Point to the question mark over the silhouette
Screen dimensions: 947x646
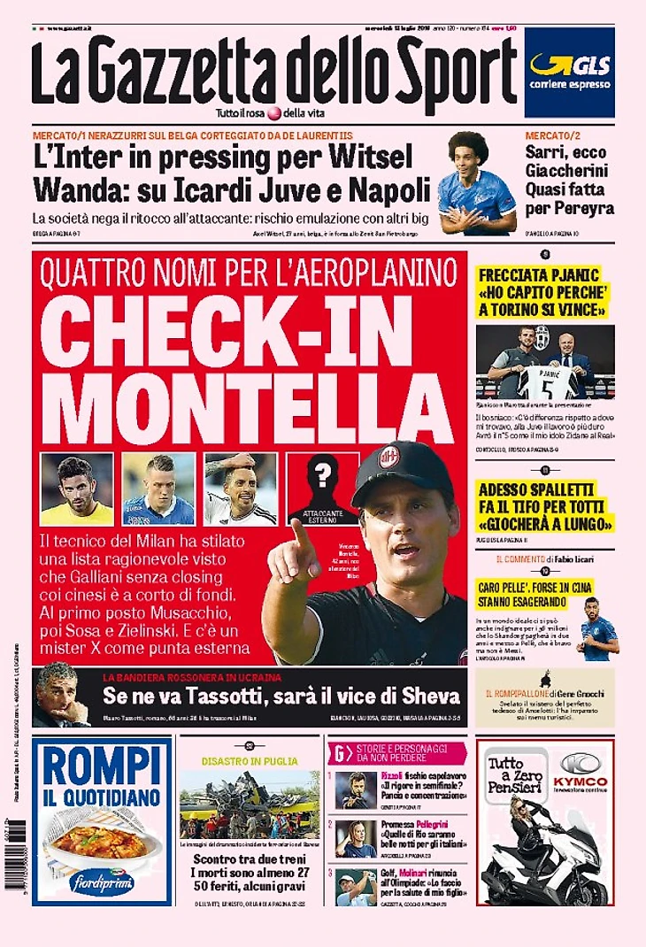click(x=323, y=476)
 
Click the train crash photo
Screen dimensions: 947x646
click(x=250, y=805)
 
